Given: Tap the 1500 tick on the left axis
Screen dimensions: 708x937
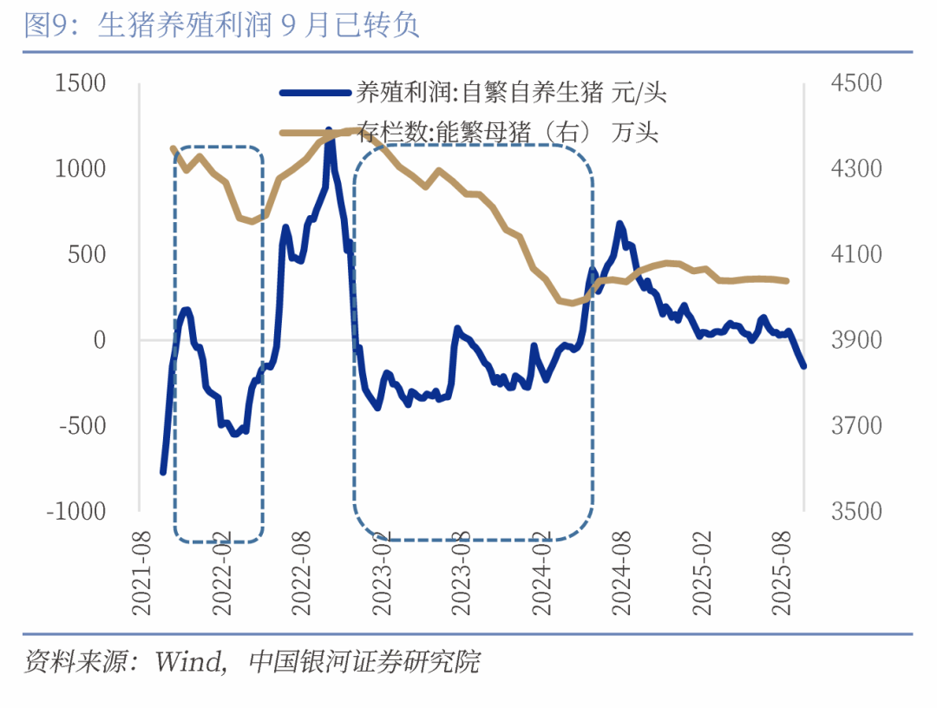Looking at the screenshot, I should click(80, 83).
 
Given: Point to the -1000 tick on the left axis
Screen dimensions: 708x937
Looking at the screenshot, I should click(75, 511).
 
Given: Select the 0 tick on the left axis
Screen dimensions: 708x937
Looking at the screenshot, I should click(99, 340).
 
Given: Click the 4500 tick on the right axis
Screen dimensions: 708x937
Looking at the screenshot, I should click(855, 83).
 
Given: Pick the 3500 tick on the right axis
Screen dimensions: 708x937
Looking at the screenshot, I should click(855, 511).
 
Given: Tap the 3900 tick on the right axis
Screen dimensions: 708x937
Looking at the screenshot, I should click(855, 340).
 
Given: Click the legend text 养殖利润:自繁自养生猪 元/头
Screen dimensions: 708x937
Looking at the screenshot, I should click(512, 92).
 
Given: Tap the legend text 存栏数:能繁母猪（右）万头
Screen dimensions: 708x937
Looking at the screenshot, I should click(508, 133).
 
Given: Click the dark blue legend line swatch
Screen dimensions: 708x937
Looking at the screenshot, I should click(315, 92).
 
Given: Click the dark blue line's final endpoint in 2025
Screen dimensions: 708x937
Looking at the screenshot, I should click(803, 365).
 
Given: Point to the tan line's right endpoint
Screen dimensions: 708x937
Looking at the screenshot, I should click(786, 280).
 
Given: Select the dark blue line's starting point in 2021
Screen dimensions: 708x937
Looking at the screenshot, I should click(163, 472).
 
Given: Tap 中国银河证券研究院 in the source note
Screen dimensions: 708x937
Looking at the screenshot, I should click(364, 664).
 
